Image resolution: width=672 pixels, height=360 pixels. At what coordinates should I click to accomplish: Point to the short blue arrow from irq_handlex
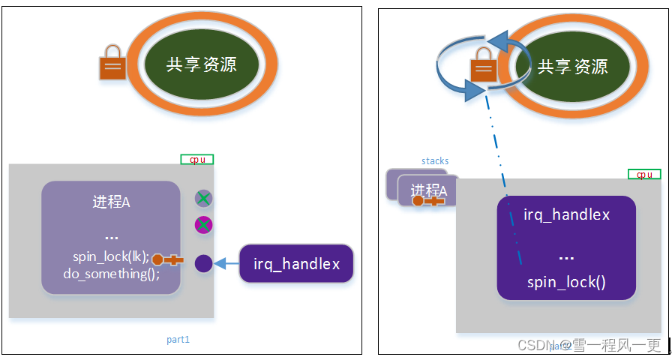tap(226, 263)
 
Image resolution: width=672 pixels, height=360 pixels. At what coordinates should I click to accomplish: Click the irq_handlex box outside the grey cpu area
tap(296, 264)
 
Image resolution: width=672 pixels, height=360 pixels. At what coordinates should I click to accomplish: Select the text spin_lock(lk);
tap(111, 255)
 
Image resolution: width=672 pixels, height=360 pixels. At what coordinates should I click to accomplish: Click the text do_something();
tap(111, 273)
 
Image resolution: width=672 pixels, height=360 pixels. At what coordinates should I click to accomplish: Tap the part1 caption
tap(178, 340)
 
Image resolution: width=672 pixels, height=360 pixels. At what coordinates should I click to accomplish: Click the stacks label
tap(435, 160)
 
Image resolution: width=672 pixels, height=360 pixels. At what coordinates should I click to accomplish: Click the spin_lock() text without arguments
tap(566, 282)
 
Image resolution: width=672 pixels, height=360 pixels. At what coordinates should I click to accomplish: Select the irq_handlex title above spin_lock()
tap(566, 215)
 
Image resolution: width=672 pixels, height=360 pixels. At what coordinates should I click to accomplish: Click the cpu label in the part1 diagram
tap(197, 159)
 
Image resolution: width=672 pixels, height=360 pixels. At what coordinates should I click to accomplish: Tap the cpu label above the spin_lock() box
tap(644, 174)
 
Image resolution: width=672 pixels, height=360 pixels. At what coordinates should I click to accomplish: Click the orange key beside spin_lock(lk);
tap(167, 260)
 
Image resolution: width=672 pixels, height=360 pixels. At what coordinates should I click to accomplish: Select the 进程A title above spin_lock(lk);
tap(111, 202)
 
